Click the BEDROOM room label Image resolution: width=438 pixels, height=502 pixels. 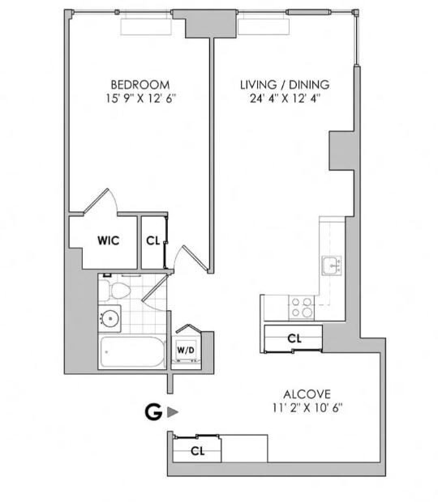(140, 85)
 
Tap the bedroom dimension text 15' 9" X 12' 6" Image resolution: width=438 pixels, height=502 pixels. (141, 99)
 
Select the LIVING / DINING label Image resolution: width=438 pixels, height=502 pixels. (285, 85)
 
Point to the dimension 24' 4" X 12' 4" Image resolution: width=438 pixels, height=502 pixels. (286, 99)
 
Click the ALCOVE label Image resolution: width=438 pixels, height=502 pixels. (307, 394)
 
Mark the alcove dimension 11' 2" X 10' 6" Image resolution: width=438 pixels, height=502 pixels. (308, 408)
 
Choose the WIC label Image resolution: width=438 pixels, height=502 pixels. (109, 240)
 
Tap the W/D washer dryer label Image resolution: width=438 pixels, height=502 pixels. (186, 350)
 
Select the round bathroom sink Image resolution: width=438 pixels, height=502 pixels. (110, 318)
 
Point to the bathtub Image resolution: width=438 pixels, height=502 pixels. (132, 352)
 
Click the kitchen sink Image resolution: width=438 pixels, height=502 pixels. (332, 266)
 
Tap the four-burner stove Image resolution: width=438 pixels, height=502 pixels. (302, 308)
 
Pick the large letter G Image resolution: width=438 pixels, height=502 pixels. (153, 412)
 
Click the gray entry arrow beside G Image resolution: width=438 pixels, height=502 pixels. (172, 412)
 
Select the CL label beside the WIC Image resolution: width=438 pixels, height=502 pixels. (153, 240)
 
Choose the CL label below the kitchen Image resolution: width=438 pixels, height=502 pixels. (294, 338)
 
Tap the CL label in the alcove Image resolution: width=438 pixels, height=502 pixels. (198, 451)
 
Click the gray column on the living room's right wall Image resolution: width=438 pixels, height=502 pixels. (341, 151)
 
